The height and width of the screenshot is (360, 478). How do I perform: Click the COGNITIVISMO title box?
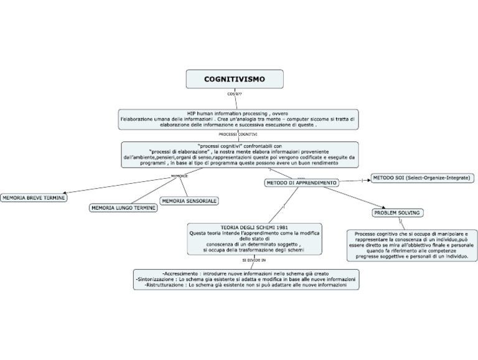pos(235,79)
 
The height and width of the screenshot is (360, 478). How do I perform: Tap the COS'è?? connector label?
pos(235,94)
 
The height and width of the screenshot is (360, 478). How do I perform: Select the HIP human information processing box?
pos(238,119)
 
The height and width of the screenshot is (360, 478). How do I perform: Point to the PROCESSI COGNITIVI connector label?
pos(238,134)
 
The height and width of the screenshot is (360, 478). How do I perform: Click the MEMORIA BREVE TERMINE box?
pos(34,197)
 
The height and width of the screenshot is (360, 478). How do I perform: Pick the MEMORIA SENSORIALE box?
pos(189,201)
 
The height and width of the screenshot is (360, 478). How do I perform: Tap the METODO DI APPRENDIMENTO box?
pos(302,183)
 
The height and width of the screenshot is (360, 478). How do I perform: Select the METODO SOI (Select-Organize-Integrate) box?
pos(421,178)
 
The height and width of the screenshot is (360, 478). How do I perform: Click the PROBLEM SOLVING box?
pos(397,213)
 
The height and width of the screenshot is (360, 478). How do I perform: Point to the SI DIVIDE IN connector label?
pos(254,260)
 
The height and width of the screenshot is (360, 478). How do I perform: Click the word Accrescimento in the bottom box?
pos(180,273)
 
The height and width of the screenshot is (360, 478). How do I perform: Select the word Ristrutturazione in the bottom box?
pos(164,286)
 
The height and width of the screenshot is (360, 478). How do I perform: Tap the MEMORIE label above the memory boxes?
pos(179,176)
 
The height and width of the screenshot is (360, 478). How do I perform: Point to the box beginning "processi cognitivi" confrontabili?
pos(239,154)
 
